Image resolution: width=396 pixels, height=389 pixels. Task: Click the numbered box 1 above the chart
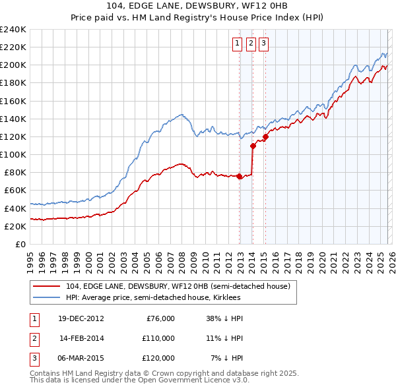[237, 44]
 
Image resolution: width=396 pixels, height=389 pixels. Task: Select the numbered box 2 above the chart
[251, 44]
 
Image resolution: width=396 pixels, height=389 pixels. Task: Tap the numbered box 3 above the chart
[263, 44]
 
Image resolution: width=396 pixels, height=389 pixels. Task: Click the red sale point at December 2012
[239, 176]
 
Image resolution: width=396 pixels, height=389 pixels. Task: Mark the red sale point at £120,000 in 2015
[265, 137]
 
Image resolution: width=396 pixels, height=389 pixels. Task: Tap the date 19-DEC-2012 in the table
[81, 318]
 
